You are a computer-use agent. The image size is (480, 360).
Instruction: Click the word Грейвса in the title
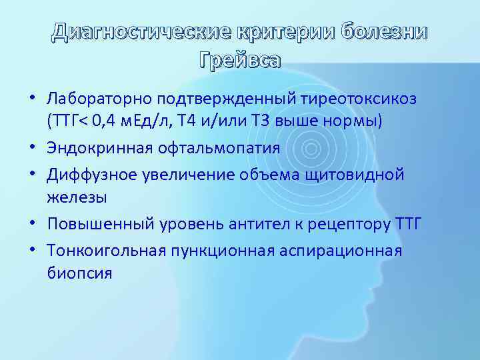coord(240,61)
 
